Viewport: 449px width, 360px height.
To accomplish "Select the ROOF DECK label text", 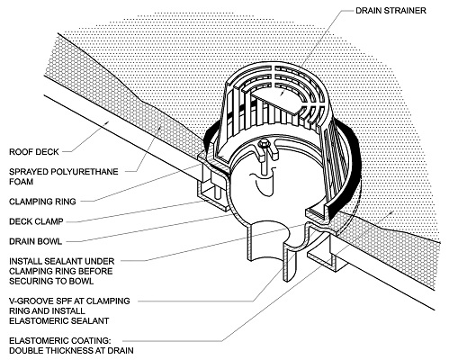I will (33, 152).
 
